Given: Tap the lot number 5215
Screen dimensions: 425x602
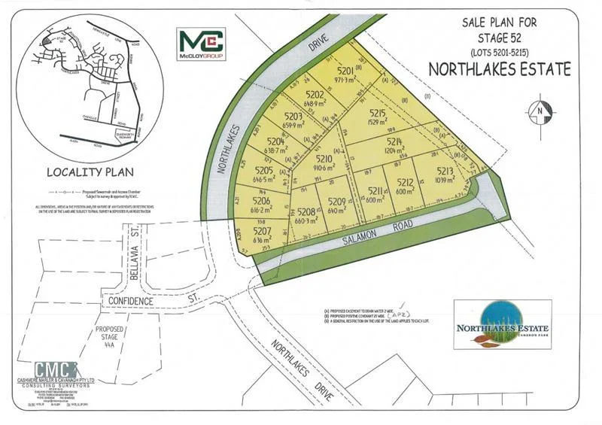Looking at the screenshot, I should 377,113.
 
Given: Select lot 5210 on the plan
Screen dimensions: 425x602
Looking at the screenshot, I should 324,159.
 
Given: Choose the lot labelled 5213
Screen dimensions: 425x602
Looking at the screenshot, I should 444,171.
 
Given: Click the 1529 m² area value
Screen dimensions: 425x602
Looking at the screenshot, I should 377,122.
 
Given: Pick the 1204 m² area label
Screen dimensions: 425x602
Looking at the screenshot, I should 396,150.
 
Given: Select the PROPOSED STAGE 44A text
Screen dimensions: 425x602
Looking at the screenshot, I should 110,335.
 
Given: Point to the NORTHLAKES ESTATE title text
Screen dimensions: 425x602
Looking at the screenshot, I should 499,69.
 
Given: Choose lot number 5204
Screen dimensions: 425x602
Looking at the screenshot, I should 275,141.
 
